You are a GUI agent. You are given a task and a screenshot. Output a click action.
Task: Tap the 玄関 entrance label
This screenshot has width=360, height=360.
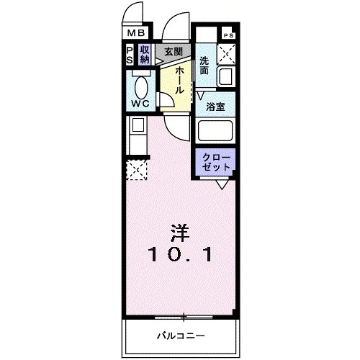point(172,52)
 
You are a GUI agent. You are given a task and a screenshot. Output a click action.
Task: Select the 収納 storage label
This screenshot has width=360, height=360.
point(145,55)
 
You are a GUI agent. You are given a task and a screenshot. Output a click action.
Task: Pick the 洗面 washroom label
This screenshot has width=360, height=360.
point(204,66)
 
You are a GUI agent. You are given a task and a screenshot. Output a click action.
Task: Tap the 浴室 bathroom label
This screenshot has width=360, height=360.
point(215,107)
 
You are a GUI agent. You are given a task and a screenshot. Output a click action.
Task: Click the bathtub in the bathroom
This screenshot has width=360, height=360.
point(216,132)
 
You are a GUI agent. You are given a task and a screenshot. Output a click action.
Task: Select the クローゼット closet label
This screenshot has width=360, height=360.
point(215,161)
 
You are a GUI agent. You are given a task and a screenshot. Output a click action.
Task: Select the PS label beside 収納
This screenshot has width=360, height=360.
point(130,55)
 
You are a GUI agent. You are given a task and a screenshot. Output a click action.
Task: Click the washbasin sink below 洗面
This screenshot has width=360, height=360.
point(225,76)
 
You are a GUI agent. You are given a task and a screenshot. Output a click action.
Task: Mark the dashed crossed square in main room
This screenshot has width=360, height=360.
point(136,169)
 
